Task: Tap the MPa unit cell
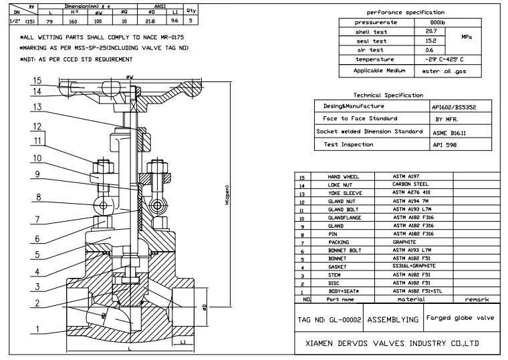pos(467,37)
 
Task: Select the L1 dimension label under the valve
pos(182,343)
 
